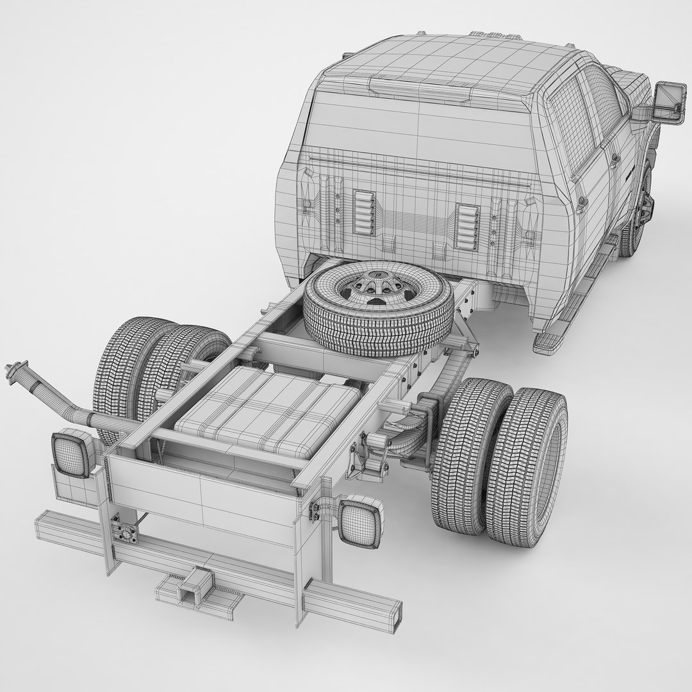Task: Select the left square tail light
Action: [69, 454]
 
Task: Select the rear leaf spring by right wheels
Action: [410, 442]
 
